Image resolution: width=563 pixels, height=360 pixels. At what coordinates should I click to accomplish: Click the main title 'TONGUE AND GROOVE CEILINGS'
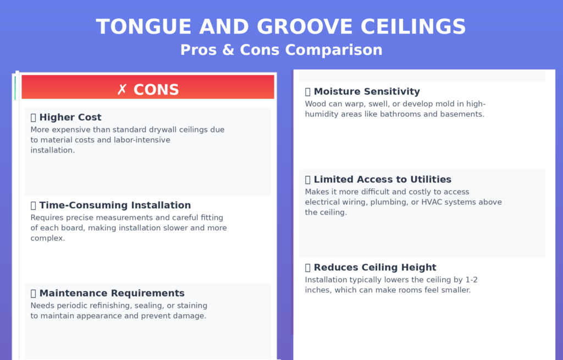point(281,26)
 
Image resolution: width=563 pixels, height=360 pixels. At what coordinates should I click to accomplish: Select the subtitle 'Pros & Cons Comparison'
point(281,50)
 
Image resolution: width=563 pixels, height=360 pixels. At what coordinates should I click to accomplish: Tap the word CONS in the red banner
point(156,90)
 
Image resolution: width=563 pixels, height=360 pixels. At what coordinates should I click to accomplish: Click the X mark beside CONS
point(122,90)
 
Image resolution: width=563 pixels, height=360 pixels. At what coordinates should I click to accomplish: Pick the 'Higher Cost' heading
point(70,117)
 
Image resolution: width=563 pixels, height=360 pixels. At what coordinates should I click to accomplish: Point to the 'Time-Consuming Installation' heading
point(115,205)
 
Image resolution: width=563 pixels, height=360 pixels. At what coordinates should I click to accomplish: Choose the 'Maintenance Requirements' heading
point(112,293)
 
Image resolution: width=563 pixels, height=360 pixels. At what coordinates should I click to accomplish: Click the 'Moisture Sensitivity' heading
point(367,91)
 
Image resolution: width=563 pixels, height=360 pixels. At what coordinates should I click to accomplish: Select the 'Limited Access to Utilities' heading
point(382,179)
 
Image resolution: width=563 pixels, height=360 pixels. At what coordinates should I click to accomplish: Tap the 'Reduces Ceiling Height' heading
point(375,267)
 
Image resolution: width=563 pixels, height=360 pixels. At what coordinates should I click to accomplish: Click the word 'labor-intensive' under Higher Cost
point(141,140)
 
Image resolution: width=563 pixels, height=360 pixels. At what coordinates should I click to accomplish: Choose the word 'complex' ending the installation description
point(47,239)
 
